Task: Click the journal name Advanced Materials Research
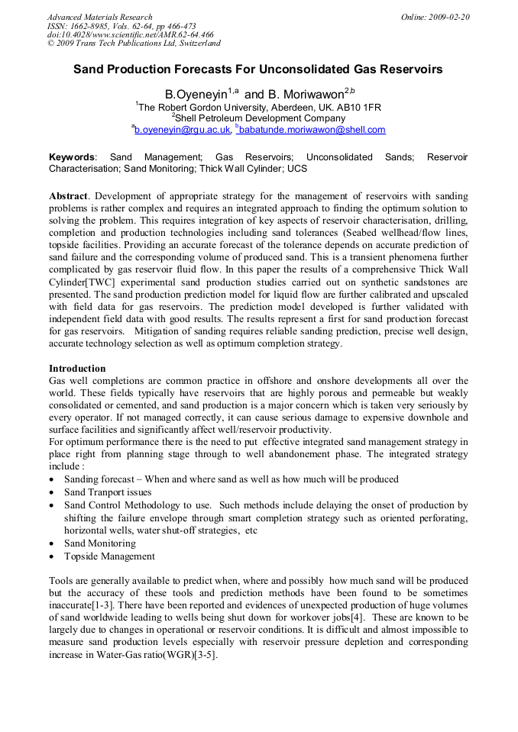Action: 99,17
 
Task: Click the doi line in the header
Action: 130,35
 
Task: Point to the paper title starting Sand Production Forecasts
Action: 257,69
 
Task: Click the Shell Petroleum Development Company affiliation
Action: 260,118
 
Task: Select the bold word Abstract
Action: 70,196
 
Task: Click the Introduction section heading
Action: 77,369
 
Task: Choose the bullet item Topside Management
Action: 109,556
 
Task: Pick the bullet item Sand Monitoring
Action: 99,543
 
